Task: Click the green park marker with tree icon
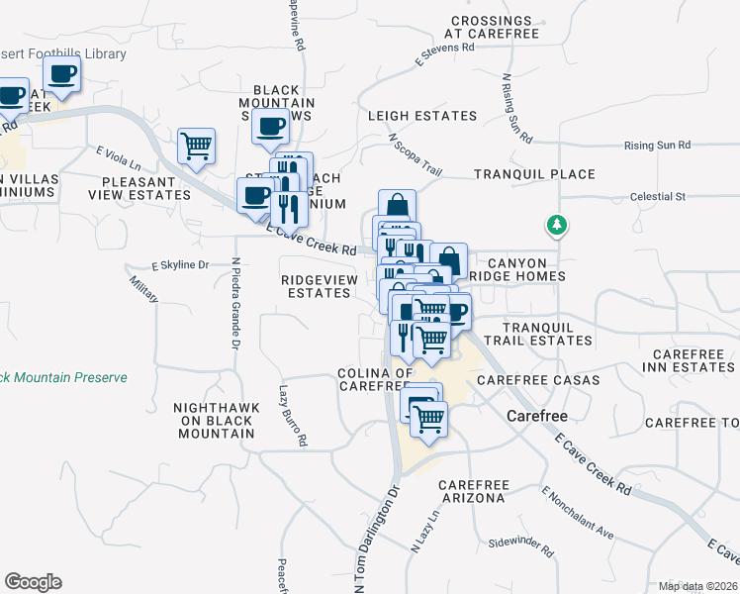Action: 558,226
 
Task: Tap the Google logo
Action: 33,582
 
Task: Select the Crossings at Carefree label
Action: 494,27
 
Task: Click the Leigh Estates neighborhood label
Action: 422,116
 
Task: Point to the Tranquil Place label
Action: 534,174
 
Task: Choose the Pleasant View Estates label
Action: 146,188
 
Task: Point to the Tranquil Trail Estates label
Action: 547,334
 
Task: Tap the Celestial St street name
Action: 658,197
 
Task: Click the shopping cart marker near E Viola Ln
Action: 196,147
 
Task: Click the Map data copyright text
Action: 697,586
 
